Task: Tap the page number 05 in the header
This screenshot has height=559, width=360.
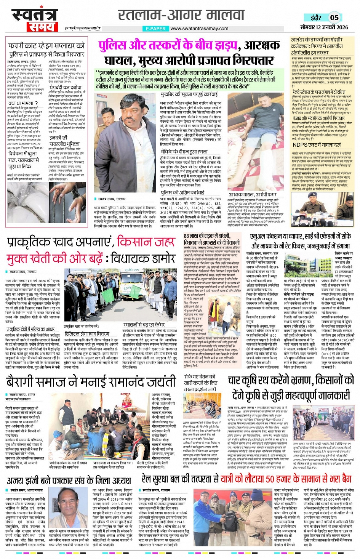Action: [x=334, y=18]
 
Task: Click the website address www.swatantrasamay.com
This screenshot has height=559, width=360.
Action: [x=199, y=29]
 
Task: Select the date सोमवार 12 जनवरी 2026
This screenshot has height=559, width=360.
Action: [x=324, y=27]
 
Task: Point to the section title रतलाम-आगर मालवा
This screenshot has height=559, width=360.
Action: [x=181, y=15]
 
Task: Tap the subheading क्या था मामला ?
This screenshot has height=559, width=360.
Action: [x=23, y=103]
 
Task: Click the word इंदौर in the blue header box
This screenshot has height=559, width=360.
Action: [x=316, y=18]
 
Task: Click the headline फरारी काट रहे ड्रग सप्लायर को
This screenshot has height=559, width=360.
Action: [x=46, y=46]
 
